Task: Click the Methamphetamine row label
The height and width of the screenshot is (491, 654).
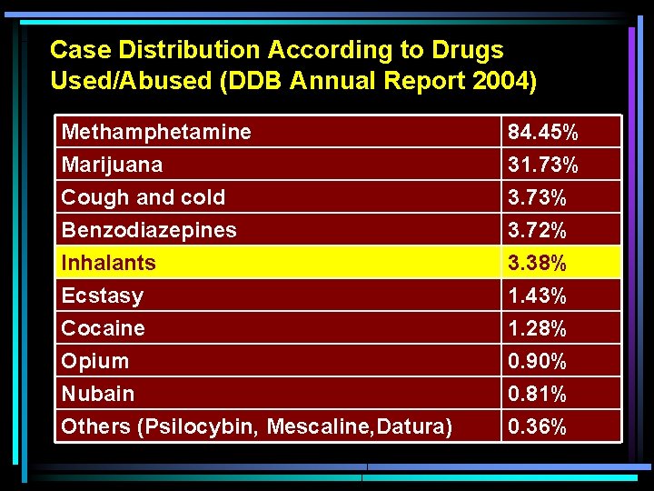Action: click(155, 132)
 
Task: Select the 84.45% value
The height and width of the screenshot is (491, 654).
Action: click(542, 133)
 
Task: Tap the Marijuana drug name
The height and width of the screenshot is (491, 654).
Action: click(112, 165)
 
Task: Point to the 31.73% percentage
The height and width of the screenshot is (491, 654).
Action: click(542, 165)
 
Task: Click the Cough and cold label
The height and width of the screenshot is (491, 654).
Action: click(143, 197)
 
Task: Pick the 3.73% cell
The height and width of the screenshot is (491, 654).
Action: click(537, 198)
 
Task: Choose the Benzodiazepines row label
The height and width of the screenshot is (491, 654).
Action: click(148, 230)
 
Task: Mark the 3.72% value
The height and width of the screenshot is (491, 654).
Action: click(537, 231)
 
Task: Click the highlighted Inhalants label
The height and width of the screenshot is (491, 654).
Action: click(108, 263)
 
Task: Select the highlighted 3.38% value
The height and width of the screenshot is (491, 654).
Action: click(537, 264)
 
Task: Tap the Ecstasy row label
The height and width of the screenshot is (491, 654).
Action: click(102, 296)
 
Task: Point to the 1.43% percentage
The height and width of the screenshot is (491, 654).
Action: click(537, 296)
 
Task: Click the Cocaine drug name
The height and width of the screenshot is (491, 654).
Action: click(103, 328)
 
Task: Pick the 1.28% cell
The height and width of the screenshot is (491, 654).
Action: click(537, 329)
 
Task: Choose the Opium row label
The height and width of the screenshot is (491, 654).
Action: click(94, 361)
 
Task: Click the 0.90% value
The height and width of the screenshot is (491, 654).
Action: click(537, 362)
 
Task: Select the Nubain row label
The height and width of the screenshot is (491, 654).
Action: click(97, 394)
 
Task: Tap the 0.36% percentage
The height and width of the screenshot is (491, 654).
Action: click(537, 427)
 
